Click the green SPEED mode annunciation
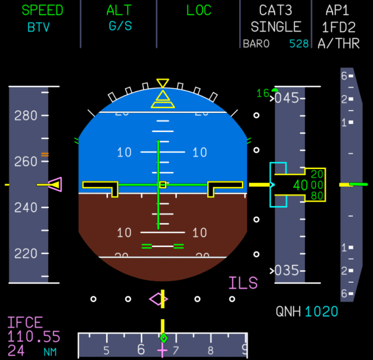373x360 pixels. [x=42, y=10]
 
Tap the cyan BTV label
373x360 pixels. [x=39, y=27]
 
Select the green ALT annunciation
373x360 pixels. [x=119, y=10]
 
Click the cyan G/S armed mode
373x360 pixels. [x=120, y=26]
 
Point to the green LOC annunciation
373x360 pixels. [x=199, y=10]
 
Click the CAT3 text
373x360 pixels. [x=275, y=10]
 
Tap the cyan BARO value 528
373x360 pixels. [x=299, y=44]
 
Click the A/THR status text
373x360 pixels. [x=338, y=44]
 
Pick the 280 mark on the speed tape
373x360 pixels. [x=25, y=116]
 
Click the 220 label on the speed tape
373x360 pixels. [x=25, y=253]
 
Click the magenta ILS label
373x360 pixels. [x=243, y=283]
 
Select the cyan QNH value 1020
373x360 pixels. [x=321, y=312]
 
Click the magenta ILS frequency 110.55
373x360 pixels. [x=34, y=337]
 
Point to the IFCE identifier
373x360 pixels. [x=25, y=323]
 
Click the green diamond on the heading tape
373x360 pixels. [x=164, y=338]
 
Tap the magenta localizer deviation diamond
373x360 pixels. [x=158, y=299]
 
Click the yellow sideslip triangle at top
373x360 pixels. [x=162, y=99]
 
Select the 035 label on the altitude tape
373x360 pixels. [x=286, y=271]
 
